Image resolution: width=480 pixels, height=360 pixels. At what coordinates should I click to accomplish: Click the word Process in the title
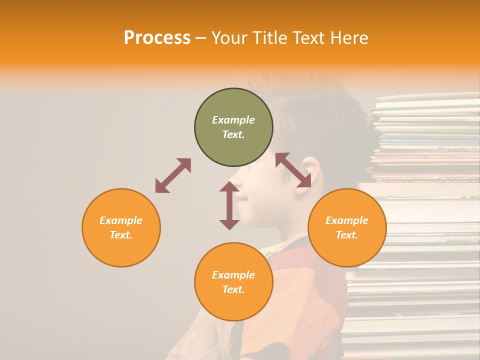157,38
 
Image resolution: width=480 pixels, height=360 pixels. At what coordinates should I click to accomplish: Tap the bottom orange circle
233,305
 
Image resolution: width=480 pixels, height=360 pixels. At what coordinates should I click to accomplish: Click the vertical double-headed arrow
229,205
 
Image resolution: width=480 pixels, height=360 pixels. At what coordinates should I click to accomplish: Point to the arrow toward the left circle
173,175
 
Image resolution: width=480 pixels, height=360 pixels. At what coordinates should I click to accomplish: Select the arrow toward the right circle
293,170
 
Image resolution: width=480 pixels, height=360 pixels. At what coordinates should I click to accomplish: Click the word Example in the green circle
233,120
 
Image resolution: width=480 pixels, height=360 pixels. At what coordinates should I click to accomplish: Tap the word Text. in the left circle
121,235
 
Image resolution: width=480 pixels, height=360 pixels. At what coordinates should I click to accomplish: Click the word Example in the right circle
347,220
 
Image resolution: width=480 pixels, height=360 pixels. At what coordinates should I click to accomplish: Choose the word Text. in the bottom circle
233,289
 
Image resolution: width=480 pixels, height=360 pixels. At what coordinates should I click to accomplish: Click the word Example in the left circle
121,220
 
